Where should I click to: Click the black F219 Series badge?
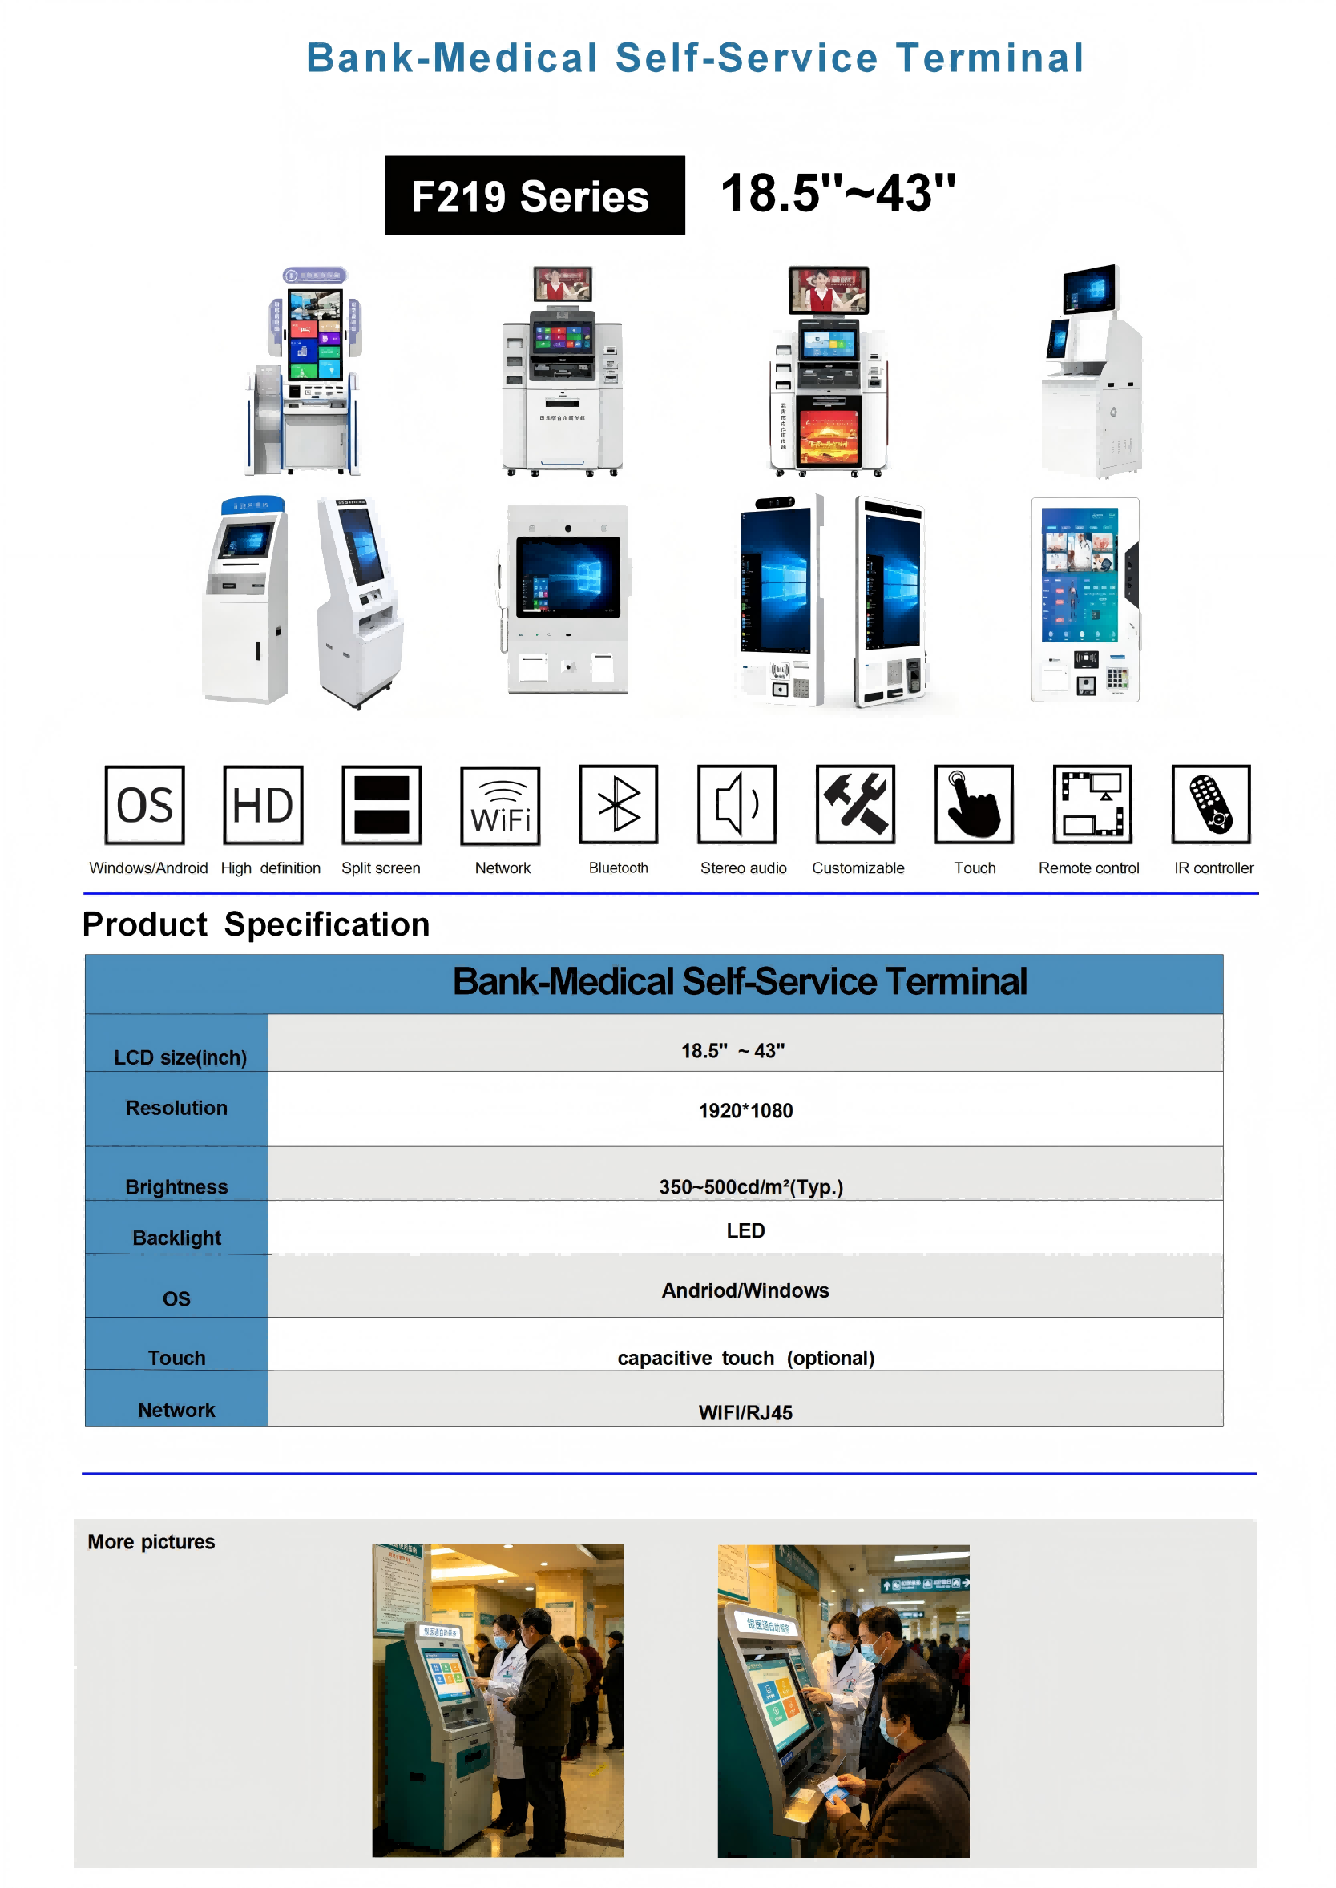click(534, 195)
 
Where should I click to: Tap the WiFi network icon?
click(500, 805)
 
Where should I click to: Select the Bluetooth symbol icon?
click(618, 804)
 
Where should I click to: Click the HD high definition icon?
click(263, 804)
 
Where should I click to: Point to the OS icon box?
click(145, 804)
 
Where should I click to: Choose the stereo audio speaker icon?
click(737, 804)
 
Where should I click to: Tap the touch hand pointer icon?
click(973, 804)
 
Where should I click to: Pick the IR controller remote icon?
click(1210, 804)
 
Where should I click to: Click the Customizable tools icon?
click(855, 804)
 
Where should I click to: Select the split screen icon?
click(381, 804)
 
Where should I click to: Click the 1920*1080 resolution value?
click(745, 1111)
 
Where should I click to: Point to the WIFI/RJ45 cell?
click(745, 1413)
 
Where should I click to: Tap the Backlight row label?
click(177, 1238)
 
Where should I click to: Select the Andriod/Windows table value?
click(745, 1290)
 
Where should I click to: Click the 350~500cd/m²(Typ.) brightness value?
click(750, 1186)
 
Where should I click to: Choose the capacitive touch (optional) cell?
click(745, 1358)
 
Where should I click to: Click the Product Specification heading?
click(256, 924)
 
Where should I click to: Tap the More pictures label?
click(151, 1542)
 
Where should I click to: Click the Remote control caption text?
click(1088, 868)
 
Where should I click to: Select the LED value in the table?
click(745, 1230)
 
